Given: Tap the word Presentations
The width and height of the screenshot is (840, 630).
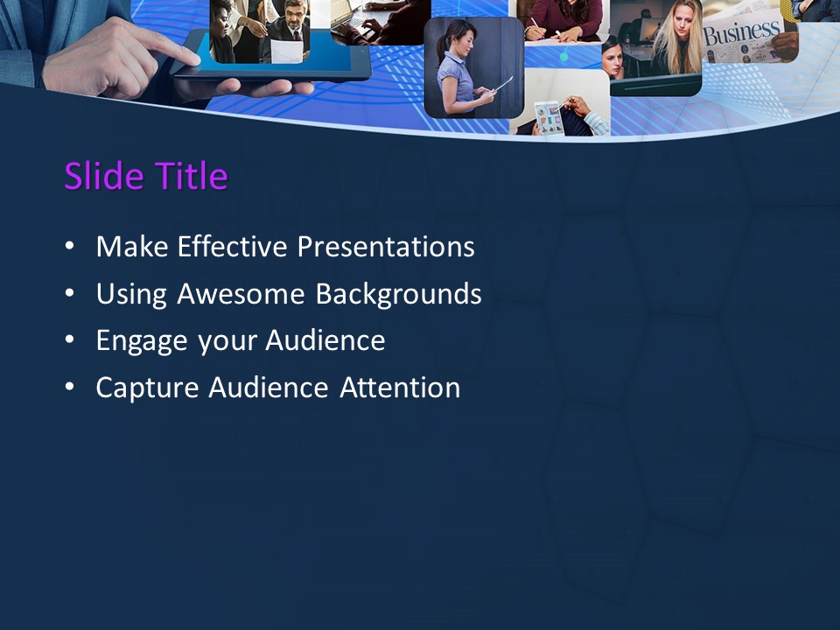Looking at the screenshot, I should coord(386,247).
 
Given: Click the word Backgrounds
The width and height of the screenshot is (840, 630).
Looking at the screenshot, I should coord(398,294).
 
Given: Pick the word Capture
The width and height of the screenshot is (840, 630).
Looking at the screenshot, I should coord(148,388).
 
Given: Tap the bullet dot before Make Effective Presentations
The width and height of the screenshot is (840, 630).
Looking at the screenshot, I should coord(70,248).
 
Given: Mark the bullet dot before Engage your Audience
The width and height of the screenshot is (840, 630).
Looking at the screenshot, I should coord(70,341).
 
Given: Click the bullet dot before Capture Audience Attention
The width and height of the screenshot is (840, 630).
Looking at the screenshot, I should coord(70,388).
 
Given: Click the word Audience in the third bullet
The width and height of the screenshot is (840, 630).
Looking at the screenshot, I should coord(326,340).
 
